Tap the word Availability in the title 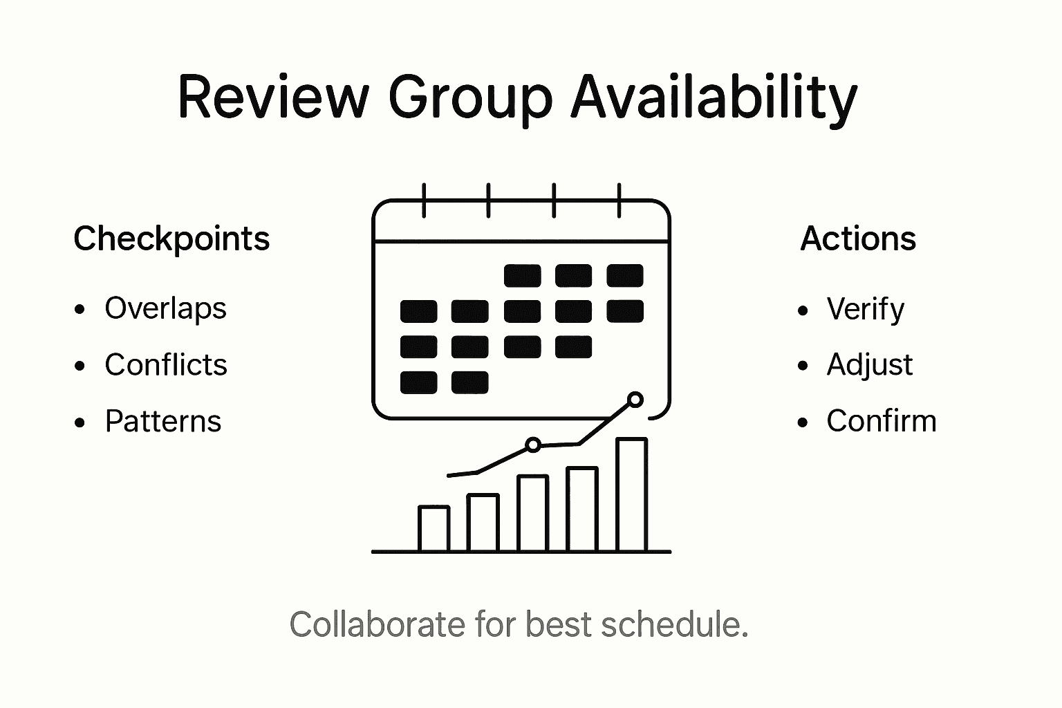(x=714, y=97)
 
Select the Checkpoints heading (x=171, y=239)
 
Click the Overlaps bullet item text (x=165, y=308)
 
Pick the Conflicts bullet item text (x=166, y=365)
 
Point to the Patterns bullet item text (x=163, y=421)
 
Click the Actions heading (x=858, y=239)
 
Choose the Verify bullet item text (x=865, y=309)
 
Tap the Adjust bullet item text (x=869, y=365)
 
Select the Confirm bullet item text (x=881, y=421)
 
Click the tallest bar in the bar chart (x=631, y=494)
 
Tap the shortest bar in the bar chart (x=434, y=528)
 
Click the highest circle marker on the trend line (x=635, y=400)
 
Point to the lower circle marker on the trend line (x=532, y=445)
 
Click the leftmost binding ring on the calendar (x=424, y=201)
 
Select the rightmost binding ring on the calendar (x=619, y=201)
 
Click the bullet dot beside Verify (x=803, y=310)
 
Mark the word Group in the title (x=470, y=97)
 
